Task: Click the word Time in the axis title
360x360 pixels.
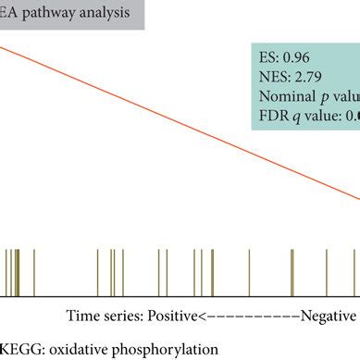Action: (81, 316)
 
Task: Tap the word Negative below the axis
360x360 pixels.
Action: (328, 316)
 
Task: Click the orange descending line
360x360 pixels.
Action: (185, 112)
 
